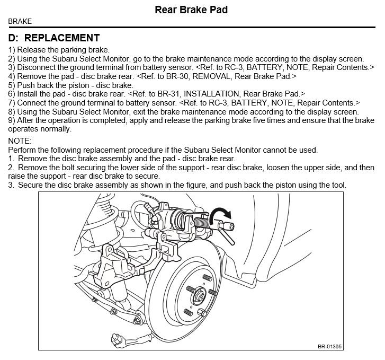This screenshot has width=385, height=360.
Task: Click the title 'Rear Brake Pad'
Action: pyautogui.click(x=191, y=10)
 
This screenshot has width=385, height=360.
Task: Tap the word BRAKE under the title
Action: pyautogui.click(x=20, y=22)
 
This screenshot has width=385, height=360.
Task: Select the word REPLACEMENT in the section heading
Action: pyautogui.click(x=62, y=38)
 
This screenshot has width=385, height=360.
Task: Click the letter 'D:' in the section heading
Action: pyautogui.click(x=14, y=38)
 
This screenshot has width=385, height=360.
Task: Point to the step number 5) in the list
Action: pyautogui.click(x=12, y=85)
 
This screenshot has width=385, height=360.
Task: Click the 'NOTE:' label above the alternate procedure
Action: pyautogui.click(x=20, y=141)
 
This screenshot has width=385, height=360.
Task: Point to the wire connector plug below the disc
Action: pyautogui.click(x=118, y=337)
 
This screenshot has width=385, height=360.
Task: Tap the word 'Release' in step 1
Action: pyautogui.click(x=32, y=49)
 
